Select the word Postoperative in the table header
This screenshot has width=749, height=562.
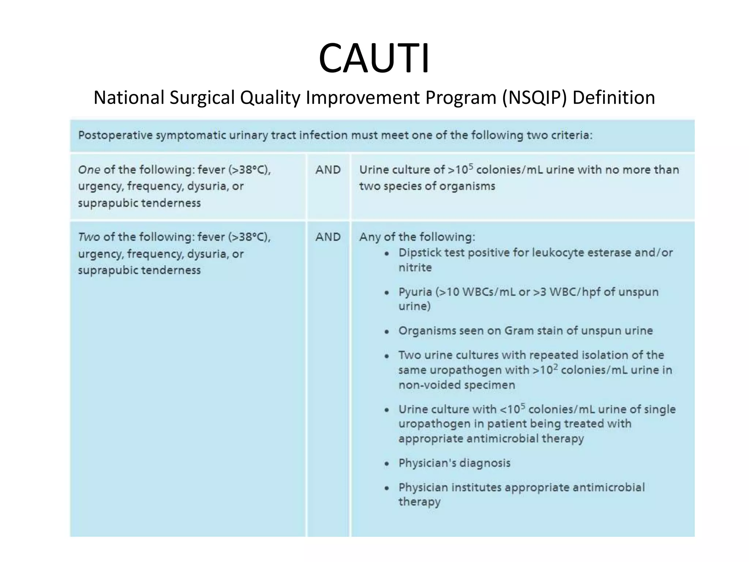tap(115, 135)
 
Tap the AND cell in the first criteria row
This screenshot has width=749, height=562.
tap(328, 170)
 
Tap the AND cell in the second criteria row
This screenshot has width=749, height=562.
tap(328, 237)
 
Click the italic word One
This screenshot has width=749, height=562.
tap(89, 170)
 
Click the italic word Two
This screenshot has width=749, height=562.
tap(89, 237)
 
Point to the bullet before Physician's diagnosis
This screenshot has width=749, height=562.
tap(387, 464)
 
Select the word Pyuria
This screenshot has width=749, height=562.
tap(415, 292)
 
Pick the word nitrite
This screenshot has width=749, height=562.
tap(415, 268)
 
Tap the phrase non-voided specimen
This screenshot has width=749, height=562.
tap(457, 385)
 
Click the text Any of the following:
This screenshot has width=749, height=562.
tap(417, 237)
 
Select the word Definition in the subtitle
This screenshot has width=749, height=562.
tap(614, 98)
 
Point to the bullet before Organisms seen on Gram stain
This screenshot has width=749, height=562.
tap(387, 331)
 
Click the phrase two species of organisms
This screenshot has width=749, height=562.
tap(427, 186)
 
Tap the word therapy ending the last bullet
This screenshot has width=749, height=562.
tap(419, 502)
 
